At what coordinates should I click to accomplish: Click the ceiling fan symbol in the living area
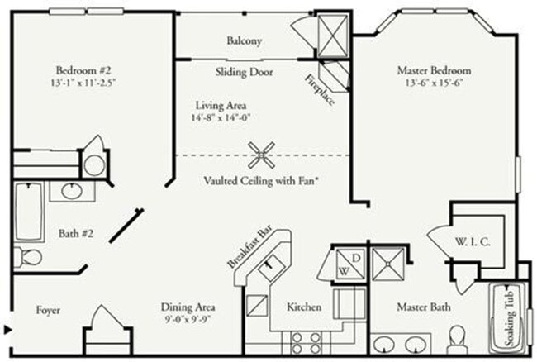[x=262, y=154]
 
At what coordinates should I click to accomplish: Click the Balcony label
[x=245, y=40]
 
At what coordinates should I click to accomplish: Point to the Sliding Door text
[x=245, y=71]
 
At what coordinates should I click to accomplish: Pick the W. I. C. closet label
[x=474, y=242]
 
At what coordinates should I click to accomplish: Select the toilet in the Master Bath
[x=457, y=338]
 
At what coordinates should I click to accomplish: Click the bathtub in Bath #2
[x=29, y=211]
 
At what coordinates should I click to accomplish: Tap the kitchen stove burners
[x=307, y=339]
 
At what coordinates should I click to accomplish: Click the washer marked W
[x=340, y=269]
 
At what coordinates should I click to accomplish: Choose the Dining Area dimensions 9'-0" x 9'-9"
[x=189, y=319]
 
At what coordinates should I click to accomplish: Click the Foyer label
[x=49, y=310]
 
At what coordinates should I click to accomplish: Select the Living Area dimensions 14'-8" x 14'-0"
[x=221, y=117]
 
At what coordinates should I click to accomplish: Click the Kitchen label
[x=303, y=307]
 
